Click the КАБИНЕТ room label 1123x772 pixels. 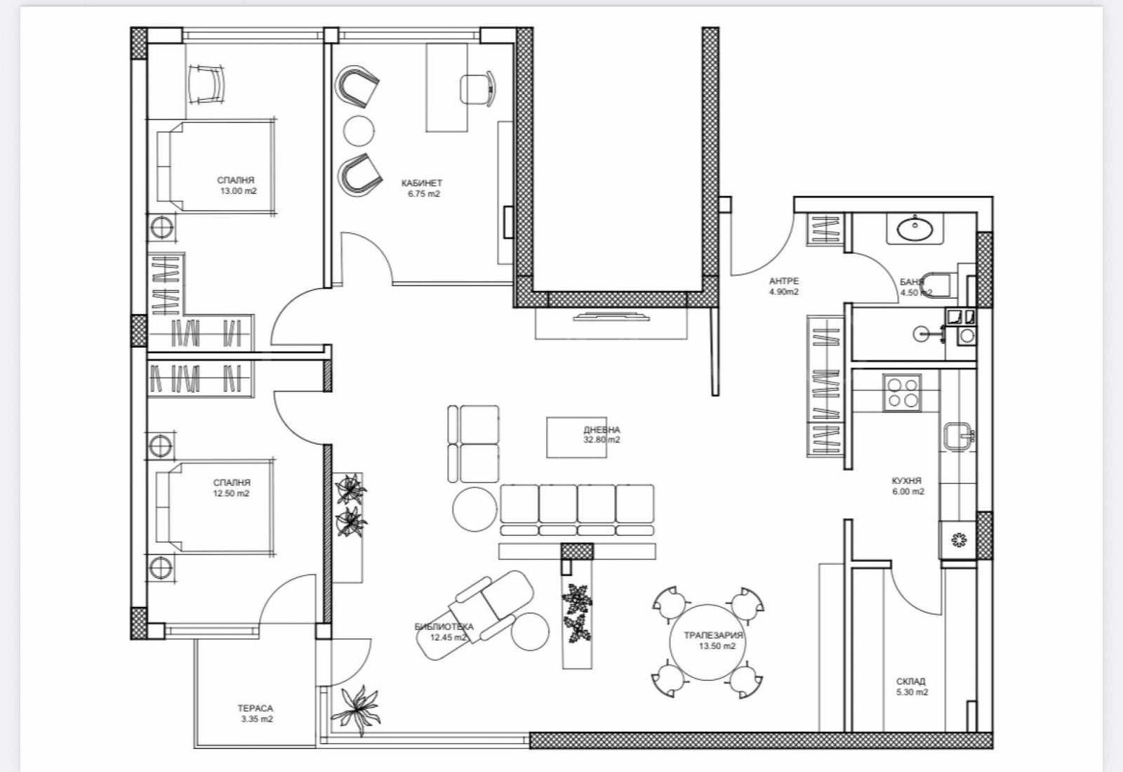click(422, 183)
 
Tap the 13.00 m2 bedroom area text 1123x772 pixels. click(239, 191)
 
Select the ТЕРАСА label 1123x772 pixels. click(255, 709)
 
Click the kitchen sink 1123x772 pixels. click(957, 436)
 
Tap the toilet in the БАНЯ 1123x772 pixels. click(938, 283)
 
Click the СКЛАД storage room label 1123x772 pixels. click(910, 681)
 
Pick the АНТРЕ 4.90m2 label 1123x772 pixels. click(783, 287)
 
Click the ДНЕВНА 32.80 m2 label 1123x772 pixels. click(602, 435)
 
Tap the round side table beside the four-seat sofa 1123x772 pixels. click(474, 510)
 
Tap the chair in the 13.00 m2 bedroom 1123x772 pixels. click(208, 84)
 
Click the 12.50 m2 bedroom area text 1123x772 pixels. click(232, 493)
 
